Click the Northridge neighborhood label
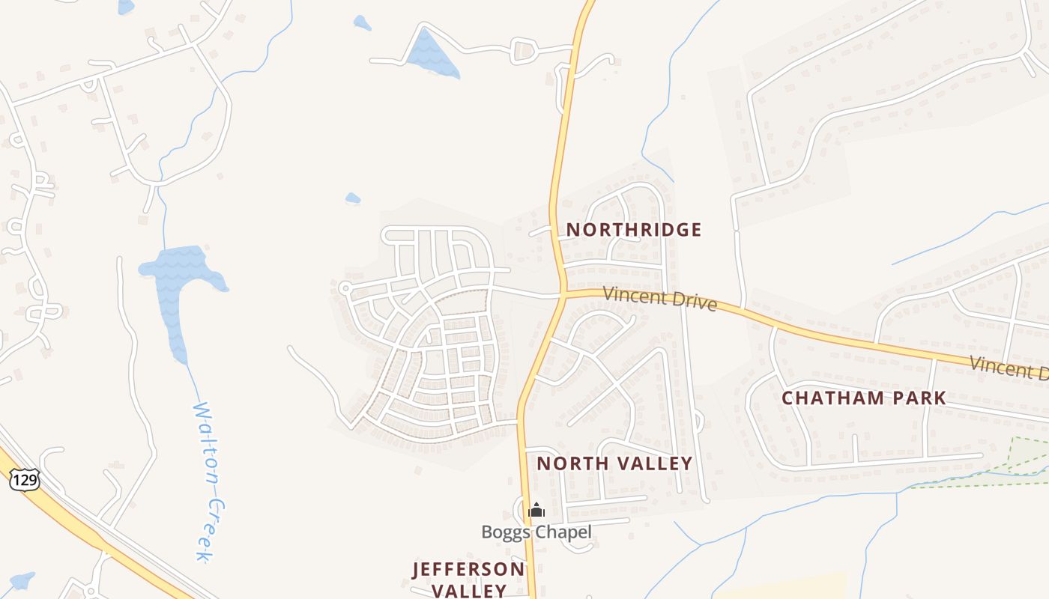coord(634,230)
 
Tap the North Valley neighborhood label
coord(614,463)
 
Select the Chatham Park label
coord(864,398)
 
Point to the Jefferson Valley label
coord(469,580)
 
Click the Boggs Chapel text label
coord(536,532)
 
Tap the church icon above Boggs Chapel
coord(536,511)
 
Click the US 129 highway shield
coord(25,480)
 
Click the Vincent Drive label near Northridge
coord(660,298)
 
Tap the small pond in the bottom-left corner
coord(21,581)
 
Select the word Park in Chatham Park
coord(919,398)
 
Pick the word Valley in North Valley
coord(654,463)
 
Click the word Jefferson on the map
coord(469,570)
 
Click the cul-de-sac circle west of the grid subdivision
coord(345,288)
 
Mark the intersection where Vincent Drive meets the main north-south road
coord(561,294)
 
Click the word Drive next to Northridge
coord(691,302)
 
